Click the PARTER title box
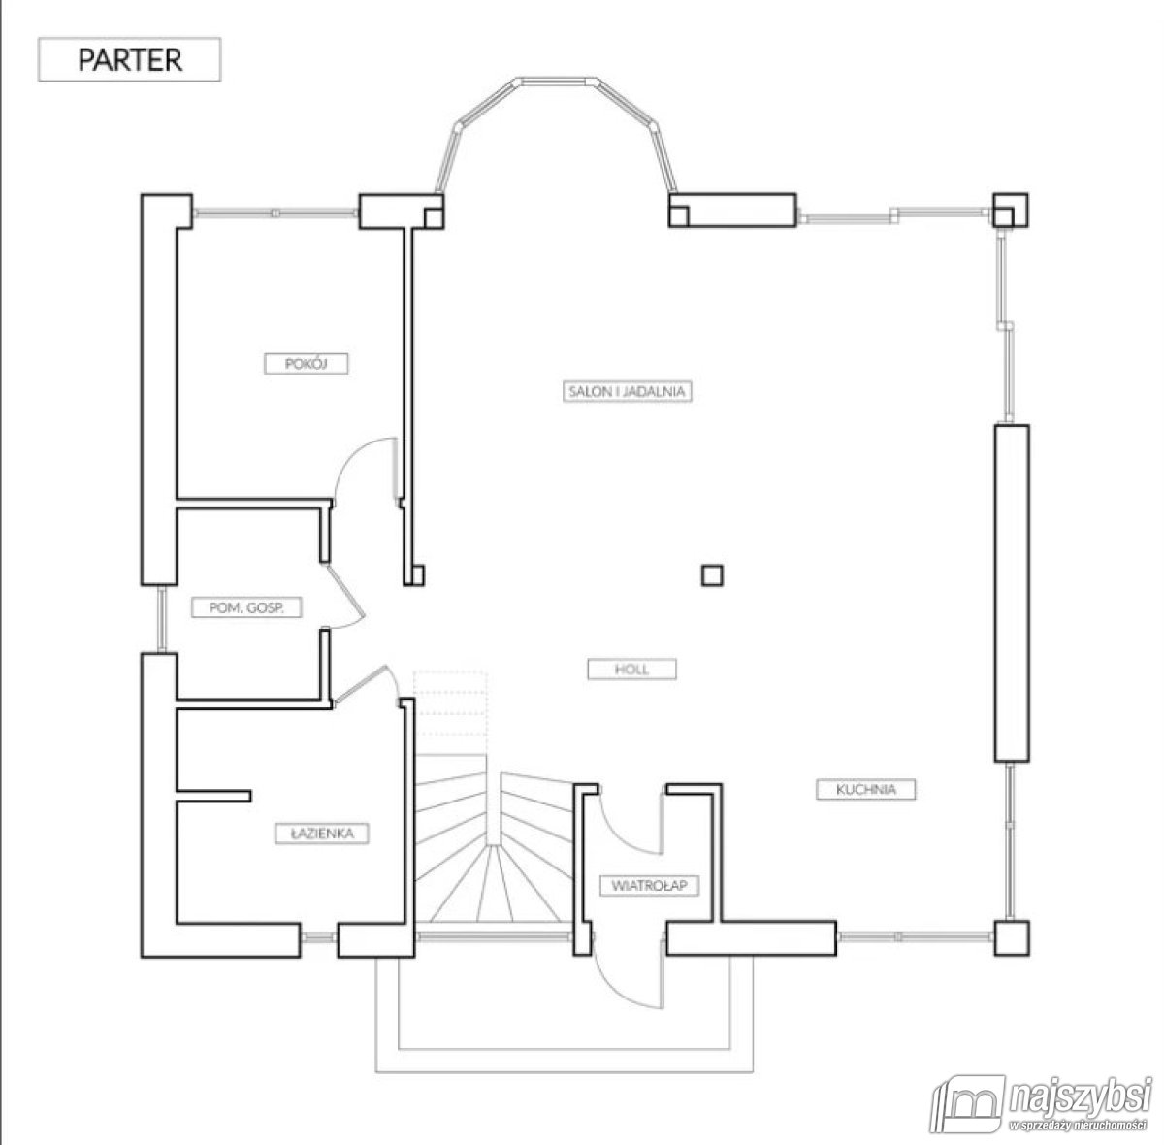point(130,59)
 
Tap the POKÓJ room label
point(307,363)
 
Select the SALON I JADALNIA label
point(627,391)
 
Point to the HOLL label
point(631,670)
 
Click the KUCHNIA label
point(865,789)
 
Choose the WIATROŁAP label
point(649,886)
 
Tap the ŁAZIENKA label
point(321,834)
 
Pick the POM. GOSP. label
point(246,607)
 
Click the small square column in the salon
point(712,574)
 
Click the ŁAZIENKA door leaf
point(360,684)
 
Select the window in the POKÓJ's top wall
point(275,213)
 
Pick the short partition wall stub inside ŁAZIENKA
point(213,796)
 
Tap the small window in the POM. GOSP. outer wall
point(162,618)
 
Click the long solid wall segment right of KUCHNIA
point(1011,593)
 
